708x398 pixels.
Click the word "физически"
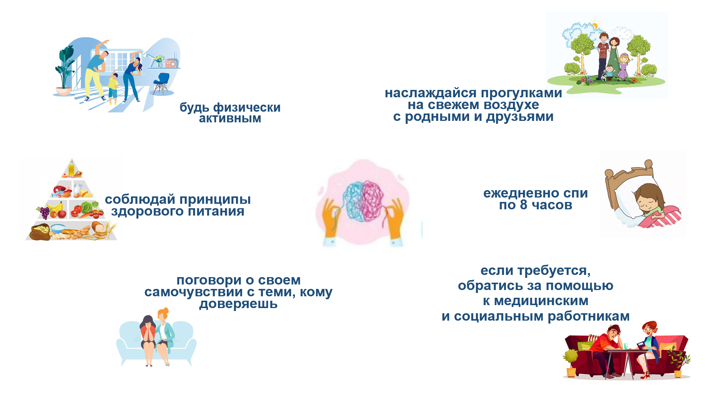(x=247, y=108)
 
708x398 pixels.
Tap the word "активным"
(x=230, y=119)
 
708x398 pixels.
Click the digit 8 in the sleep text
(x=524, y=205)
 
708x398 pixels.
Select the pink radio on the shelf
(x=171, y=63)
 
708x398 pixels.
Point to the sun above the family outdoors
(x=595, y=25)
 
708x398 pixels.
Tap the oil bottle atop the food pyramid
(x=71, y=169)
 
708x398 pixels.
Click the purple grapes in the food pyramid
(x=44, y=213)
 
